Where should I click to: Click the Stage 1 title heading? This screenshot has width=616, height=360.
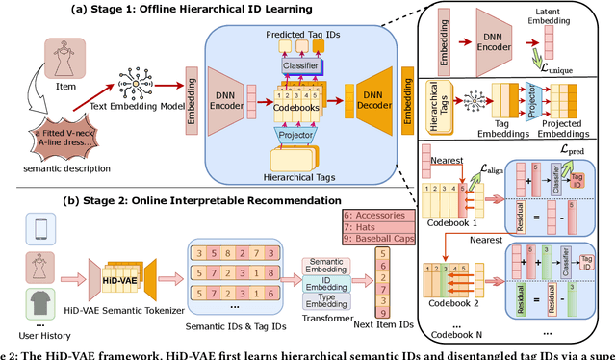213,10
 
